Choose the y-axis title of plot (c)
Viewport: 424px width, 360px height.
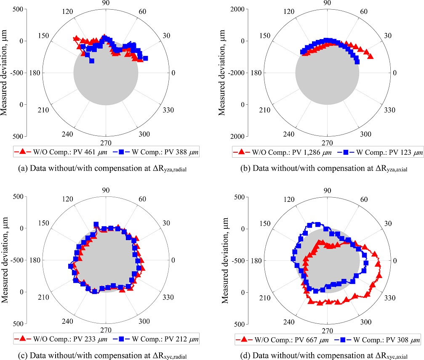point(5,260)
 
